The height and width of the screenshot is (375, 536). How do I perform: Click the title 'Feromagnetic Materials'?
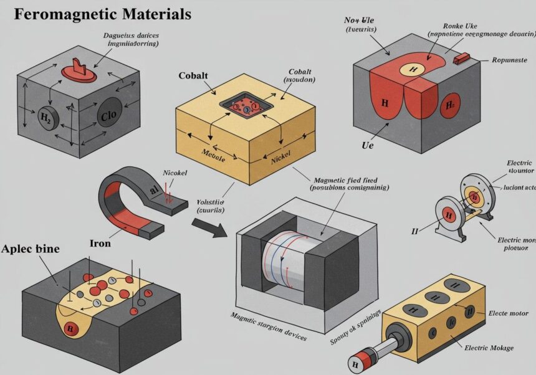pos(102,14)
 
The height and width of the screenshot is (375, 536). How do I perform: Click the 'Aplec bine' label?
pos(31,249)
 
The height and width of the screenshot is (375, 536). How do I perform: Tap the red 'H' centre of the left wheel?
pos(447,215)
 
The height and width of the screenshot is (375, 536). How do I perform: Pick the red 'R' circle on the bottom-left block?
pos(70,327)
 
